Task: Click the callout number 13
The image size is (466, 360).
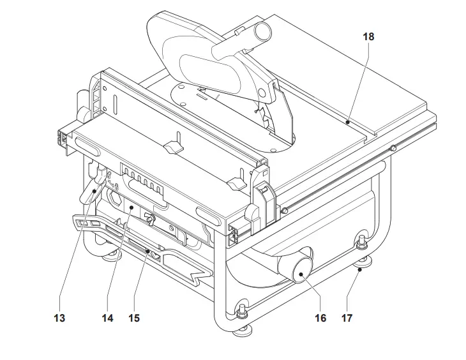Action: (59, 318)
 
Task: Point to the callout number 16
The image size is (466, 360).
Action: (320, 318)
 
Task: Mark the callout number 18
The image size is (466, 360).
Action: (368, 36)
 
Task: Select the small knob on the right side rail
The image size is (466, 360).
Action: (394, 149)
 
